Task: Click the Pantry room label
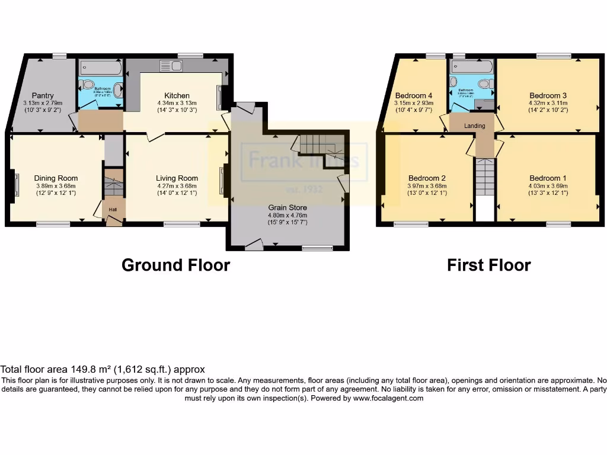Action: [x=43, y=95]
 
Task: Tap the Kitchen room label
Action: [x=177, y=95]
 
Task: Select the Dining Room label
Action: [x=56, y=178]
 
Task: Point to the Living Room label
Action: [x=177, y=178]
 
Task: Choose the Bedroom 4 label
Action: [x=414, y=95]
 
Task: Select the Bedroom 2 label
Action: [x=427, y=178]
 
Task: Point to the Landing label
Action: [x=474, y=126]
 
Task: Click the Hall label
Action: [x=112, y=209]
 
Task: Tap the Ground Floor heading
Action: [x=175, y=265]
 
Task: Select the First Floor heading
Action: [x=488, y=265]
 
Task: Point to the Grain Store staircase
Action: [x=317, y=145]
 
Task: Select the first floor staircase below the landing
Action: [x=484, y=178]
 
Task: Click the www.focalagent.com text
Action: [x=388, y=399]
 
